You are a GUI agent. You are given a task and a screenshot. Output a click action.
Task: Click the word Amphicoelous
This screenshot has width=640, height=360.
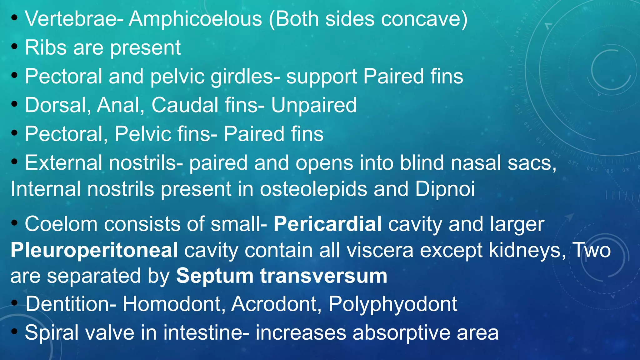tap(195, 19)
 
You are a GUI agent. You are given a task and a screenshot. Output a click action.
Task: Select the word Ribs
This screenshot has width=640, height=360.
tap(46, 48)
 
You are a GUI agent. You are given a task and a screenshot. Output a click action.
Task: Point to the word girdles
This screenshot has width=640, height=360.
tap(245, 77)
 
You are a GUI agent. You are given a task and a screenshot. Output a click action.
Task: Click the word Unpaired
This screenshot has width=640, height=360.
tap(314, 105)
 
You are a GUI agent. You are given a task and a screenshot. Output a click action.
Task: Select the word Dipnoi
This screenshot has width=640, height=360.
tap(445, 189)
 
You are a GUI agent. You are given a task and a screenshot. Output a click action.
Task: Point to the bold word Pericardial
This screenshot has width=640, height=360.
tap(327, 224)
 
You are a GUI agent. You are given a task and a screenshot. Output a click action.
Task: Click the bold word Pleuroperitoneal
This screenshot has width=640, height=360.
tap(94, 251)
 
